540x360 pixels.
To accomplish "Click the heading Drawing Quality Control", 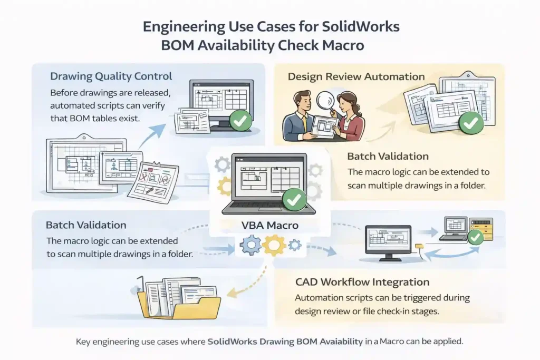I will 111,77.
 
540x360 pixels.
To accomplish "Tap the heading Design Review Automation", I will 356,77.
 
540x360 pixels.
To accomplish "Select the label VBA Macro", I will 269,225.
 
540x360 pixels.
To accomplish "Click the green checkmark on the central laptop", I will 294,200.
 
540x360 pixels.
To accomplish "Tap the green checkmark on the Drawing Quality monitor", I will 242,122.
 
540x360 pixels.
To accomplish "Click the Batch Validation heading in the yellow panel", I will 388,157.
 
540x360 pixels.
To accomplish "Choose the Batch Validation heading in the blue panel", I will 86,225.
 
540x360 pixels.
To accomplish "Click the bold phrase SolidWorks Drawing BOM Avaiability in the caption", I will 285,341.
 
